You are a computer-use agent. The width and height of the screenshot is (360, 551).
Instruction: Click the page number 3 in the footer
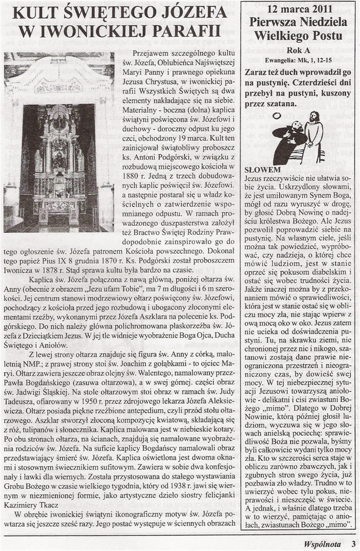tap(353, 542)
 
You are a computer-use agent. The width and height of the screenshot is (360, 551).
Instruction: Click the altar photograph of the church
tap(59, 141)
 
